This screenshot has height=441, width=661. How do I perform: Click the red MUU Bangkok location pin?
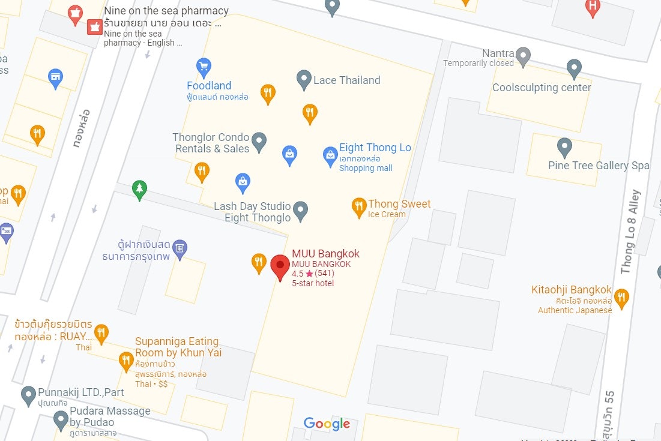[x=279, y=266]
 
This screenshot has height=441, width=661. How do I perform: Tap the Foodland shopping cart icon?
[x=204, y=67]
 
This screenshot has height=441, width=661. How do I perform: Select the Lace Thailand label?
[x=346, y=80]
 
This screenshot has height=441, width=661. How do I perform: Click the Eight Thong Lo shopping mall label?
[x=375, y=148]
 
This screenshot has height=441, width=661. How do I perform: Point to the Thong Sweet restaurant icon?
[x=359, y=207]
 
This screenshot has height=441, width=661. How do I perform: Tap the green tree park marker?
[x=139, y=190]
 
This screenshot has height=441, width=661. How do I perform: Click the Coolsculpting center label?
[x=542, y=88]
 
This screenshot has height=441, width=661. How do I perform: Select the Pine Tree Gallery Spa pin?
[x=564, y=146]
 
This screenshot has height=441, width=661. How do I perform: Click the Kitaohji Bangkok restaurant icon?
[x=621, y=296]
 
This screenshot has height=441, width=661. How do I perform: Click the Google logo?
[x=327, y=424]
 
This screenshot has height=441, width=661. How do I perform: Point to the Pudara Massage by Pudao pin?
[x=61, y=419]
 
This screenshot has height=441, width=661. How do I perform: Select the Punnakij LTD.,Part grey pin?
[x=28, y=395]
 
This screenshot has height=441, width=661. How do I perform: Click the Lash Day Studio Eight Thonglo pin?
[x=301, y=210]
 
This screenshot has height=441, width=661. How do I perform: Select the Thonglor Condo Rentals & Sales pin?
[x=259, y=141]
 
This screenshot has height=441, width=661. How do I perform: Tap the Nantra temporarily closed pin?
[x=524, y=56]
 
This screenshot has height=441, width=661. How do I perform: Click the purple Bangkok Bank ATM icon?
[x=180, y=247]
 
